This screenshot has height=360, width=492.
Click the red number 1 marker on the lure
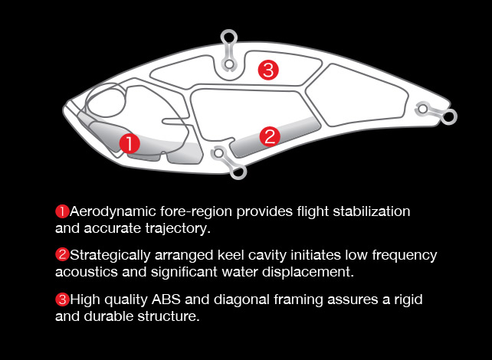click(x=130, y=143)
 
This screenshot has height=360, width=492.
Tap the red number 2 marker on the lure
click(x=270, y=136)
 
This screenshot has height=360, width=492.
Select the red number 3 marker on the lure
click(x=268, y=70)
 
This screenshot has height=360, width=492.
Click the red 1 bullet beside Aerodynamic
click(x=62, y=211)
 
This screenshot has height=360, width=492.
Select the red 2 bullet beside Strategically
click(x=62, y=254)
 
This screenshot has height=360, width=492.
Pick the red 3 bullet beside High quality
click(x=62, y=299)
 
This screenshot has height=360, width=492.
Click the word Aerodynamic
click(x=113, y=212)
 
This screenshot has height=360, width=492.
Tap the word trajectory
click(x=178, y=229)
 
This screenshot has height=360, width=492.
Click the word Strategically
click(x=110, y=256)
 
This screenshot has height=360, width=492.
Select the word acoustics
click(x=87, y=272)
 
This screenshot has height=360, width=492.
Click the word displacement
click(x=308, y=272)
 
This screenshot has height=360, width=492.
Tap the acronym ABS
click(x=166, y=299)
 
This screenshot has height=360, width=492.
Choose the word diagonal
click(x=241, y=300)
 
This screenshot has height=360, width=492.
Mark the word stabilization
click(x=372, y=211)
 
